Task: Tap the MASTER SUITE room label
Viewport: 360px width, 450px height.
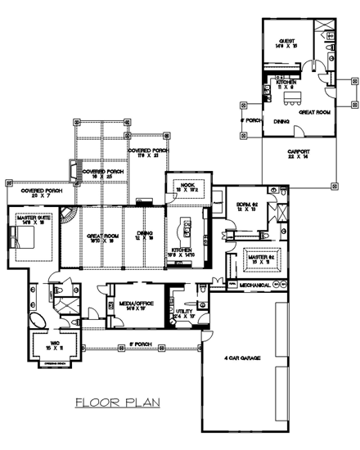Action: pyautogui.click(x=29, y=217)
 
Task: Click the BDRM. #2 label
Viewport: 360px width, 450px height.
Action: pyautogui.click(x=248, y=205)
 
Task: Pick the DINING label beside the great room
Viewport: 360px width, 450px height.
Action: pyautogui.click(x=146, y=234)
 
